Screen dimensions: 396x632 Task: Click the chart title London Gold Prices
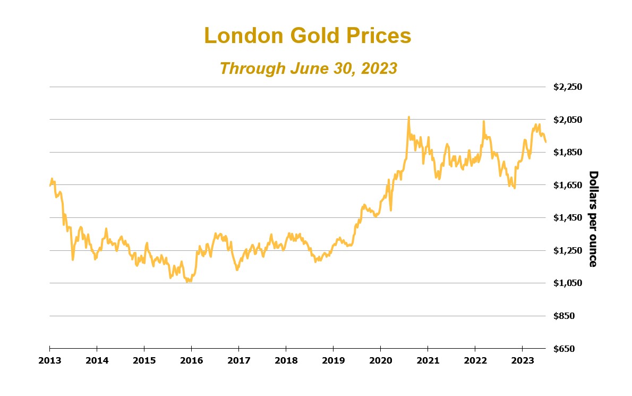tap(308, 36)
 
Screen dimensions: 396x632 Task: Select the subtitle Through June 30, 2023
tap(308, 68)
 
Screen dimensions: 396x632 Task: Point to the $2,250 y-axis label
tap(568, 87)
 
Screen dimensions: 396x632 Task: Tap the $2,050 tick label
tap(568, 120)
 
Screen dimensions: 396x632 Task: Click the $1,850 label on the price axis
tap(568, 153)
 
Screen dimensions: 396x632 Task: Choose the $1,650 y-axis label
tap(568, 185)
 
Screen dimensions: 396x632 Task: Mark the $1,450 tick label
tap(568, 218)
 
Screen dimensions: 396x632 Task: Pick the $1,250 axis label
tap(568, 250)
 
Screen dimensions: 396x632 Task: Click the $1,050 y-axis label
tap(568, 283)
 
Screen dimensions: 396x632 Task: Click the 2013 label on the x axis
tap(49, 360)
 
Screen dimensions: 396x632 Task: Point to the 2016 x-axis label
tap(191, 360)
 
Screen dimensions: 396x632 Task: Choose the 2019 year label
tap(333, 360)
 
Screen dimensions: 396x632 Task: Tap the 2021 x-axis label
tap(428, 360)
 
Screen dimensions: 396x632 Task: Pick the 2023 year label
tap(522, 360)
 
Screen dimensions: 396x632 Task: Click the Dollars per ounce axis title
tap(593, 218)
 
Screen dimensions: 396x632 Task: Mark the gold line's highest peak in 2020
tap(408, 117)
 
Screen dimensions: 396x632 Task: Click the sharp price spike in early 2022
tap(483, 121)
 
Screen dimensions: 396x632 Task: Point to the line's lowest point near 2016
tap(187, 281)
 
